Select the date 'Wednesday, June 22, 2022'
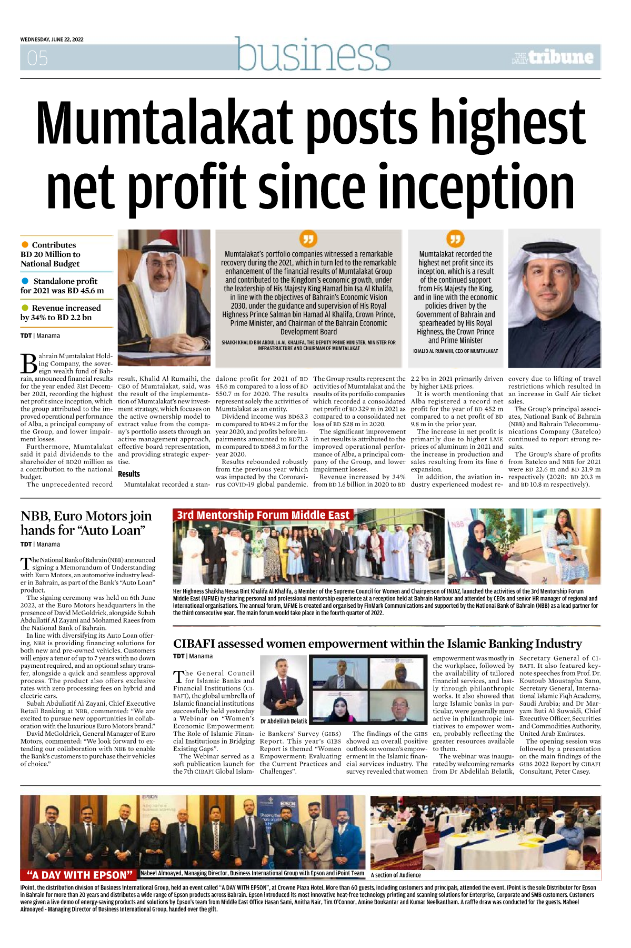coord(52,39)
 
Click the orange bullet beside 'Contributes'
coord(25,244)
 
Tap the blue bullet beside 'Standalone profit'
coord(25,281)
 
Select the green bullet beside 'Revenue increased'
coord(25,308)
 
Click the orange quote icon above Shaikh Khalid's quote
coord(308,239)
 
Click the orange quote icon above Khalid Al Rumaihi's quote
coord(455,239)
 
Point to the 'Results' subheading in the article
coord(129,474)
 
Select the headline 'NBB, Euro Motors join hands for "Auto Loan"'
coord(86,523)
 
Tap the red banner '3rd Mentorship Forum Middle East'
coord(263,515)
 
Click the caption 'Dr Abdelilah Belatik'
coord(284,721)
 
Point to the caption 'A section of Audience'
coord(396,875)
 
